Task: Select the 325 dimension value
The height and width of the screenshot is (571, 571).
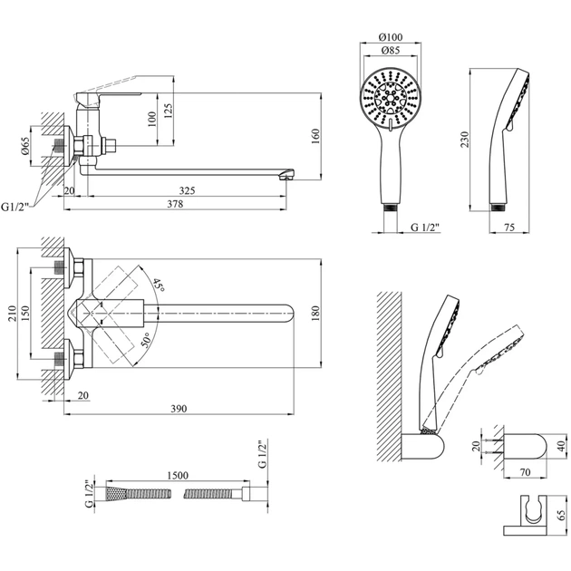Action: pyautogui.click(x=188, y=190)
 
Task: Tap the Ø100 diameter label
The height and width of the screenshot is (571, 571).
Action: pyautogui.click(x=392, y=37)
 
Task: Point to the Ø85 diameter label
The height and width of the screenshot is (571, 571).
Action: pyautogui.click(x=392, y=52)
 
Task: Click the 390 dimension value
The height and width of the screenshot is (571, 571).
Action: pyautogui.click(x=178, y=410)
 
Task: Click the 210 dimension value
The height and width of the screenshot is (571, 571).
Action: pyautogui.click(x=12, y=314)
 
